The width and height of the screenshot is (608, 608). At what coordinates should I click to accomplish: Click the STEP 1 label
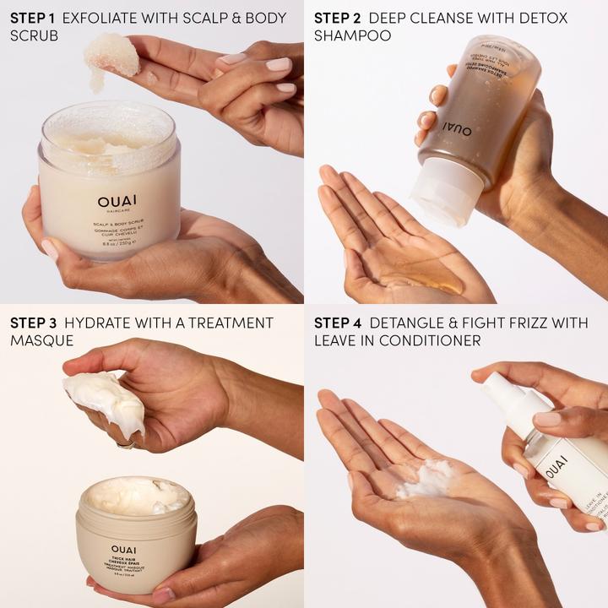tap(33, 18)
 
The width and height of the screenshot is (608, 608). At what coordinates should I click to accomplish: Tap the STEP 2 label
tap(338, 18)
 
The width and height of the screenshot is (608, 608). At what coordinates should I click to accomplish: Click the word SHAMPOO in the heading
tap(352, 36)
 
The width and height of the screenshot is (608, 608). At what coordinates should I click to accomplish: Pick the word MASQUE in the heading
tap(41, 341)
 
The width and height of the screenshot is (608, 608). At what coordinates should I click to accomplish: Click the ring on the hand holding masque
tap(122, 442)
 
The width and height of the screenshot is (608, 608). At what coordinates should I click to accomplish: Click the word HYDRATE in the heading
tap(106, 323)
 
